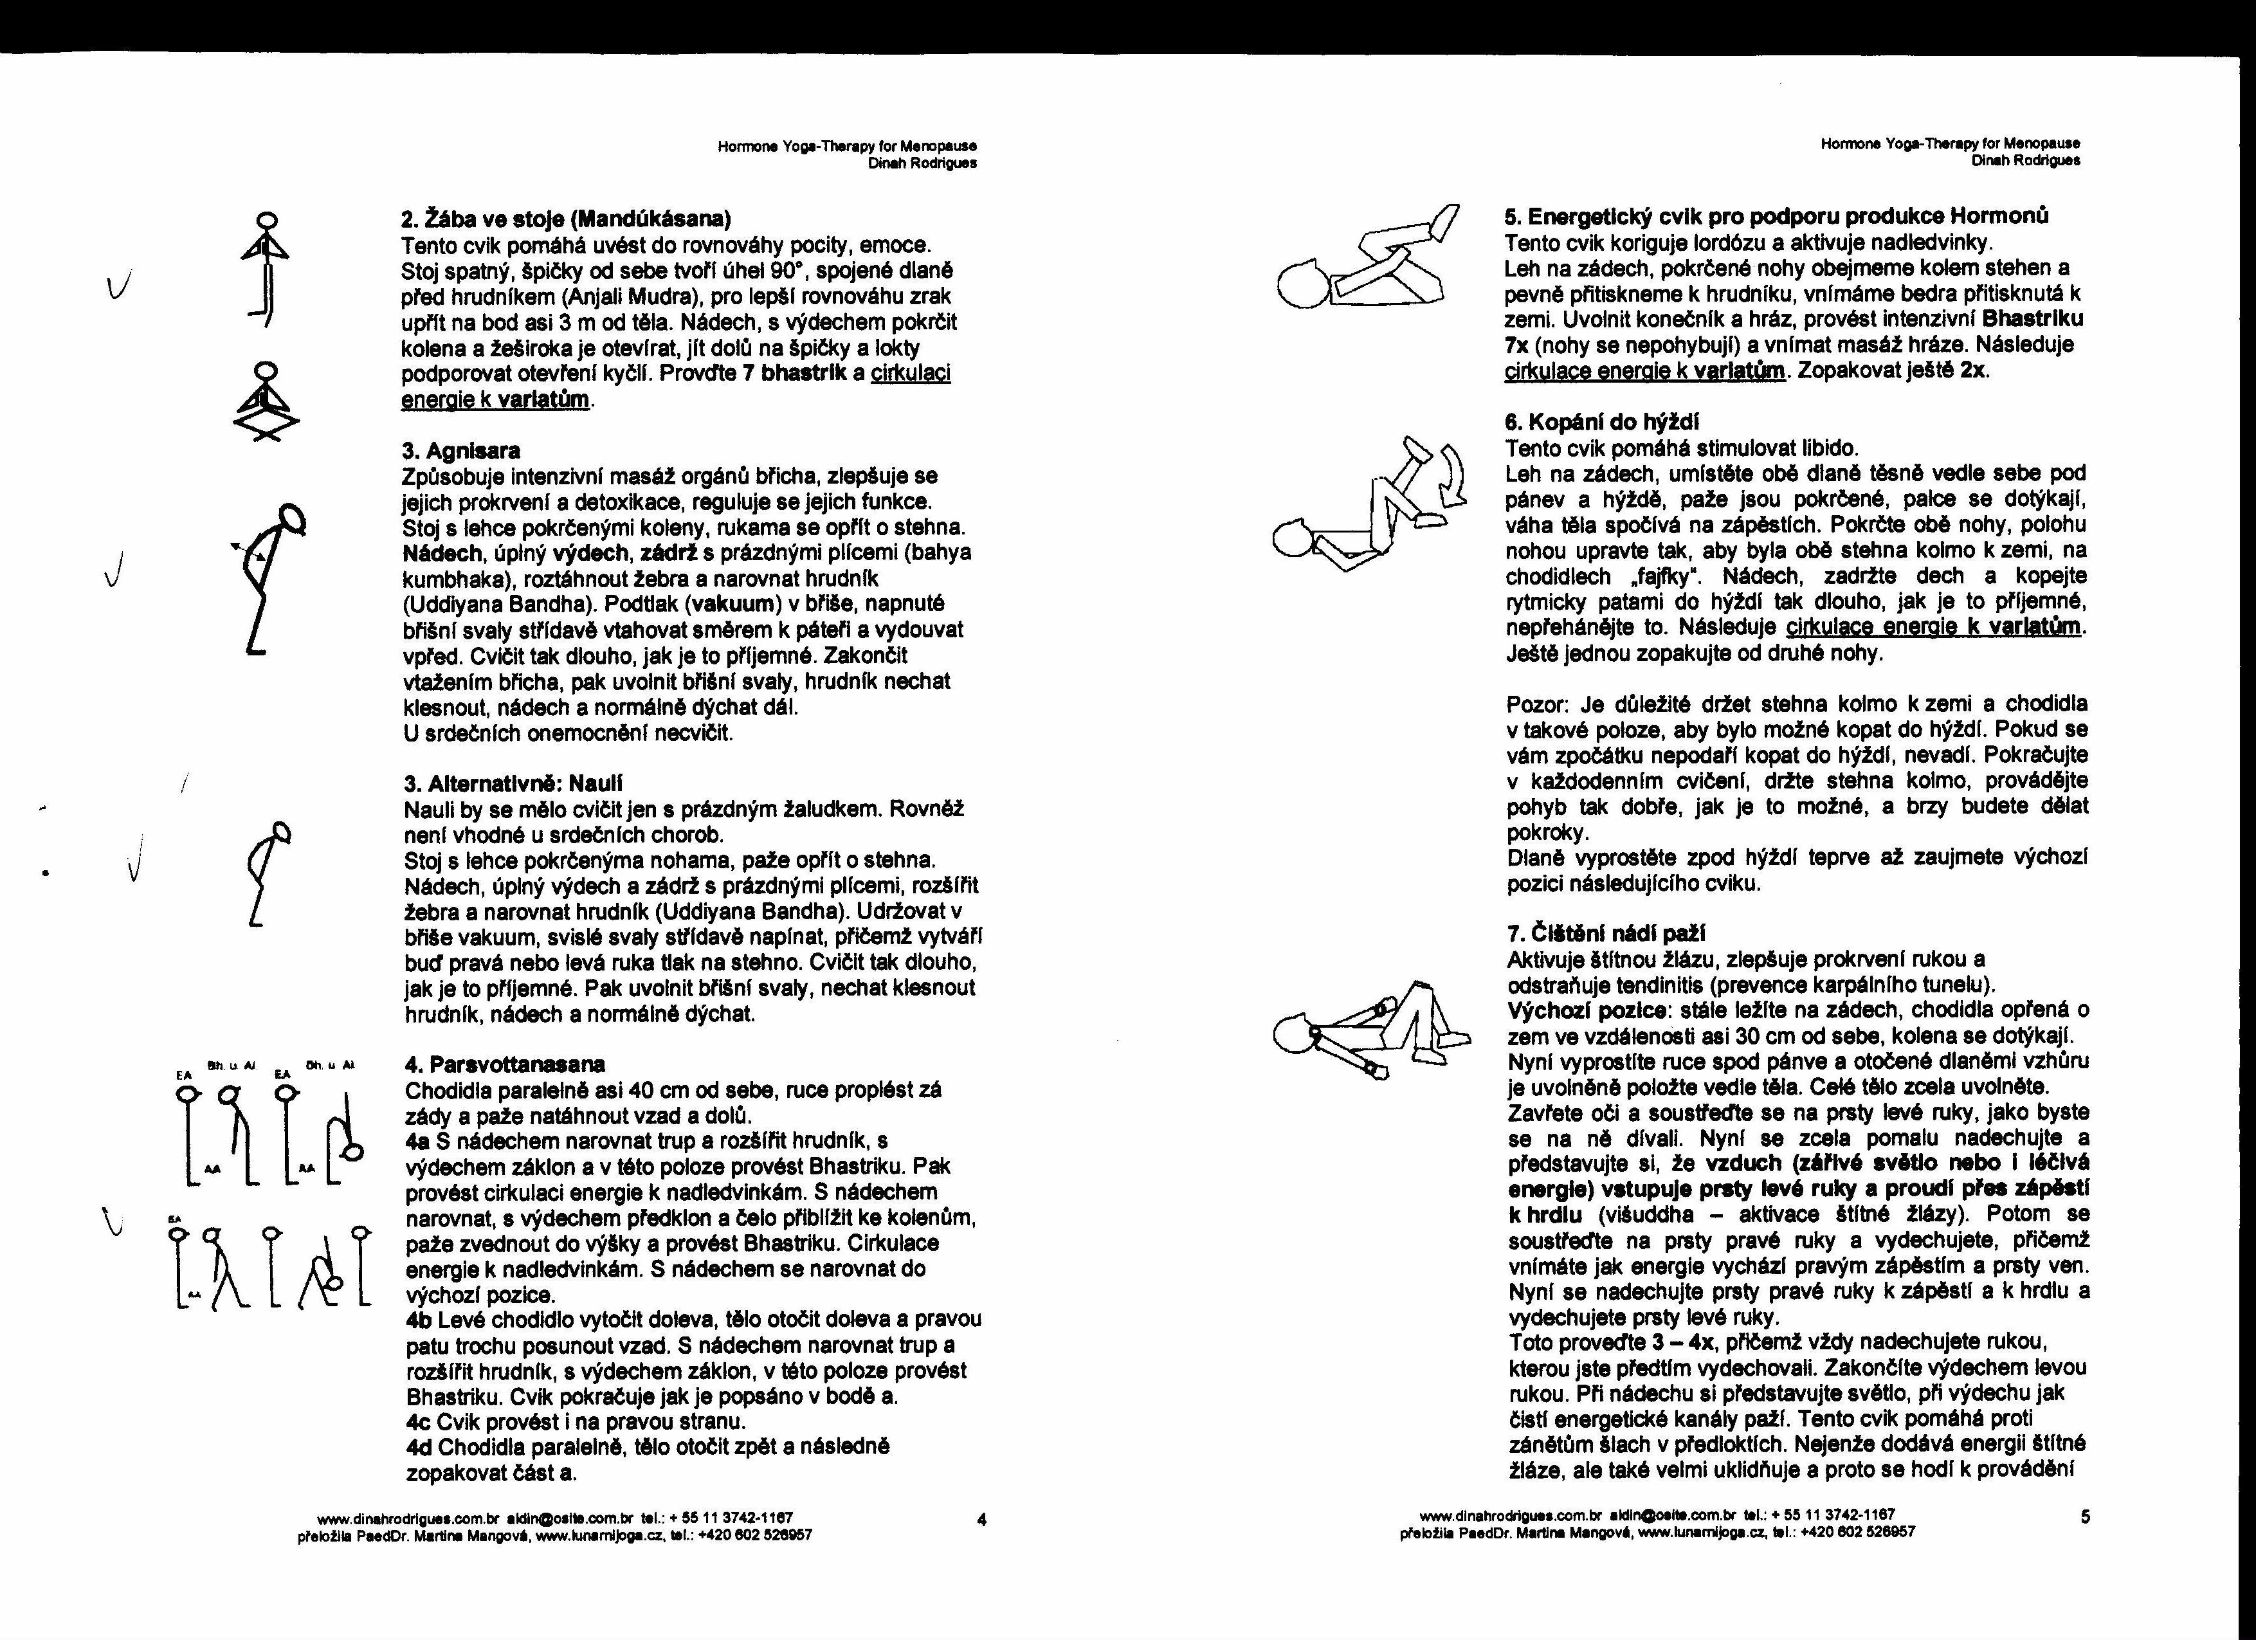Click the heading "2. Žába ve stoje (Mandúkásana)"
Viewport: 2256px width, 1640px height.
(565, 218)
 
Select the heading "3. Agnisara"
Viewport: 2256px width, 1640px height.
(460, 451)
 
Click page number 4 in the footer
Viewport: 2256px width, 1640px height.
(982, 1518)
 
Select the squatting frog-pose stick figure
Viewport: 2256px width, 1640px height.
(266, 403)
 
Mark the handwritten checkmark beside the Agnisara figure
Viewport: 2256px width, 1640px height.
(118, 569)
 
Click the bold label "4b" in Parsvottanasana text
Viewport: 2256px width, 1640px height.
(419, 1320)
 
